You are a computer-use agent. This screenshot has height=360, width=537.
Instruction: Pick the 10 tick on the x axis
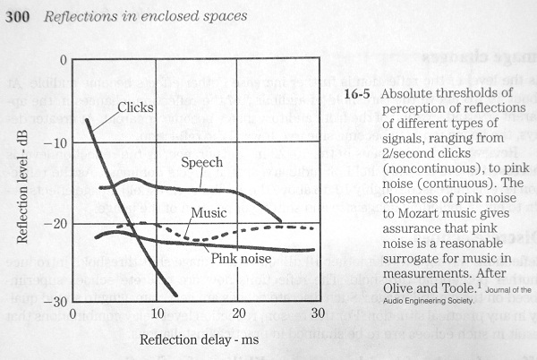pyautogui.click(x=157, y=314)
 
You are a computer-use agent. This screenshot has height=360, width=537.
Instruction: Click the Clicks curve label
pyautogui.click(x=136, y=107)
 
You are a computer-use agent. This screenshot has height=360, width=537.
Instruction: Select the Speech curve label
pyautogui.click(x=201, y=164)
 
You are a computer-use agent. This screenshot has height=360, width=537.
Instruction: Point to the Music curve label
pyautogui.click(x=208, y=213)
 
